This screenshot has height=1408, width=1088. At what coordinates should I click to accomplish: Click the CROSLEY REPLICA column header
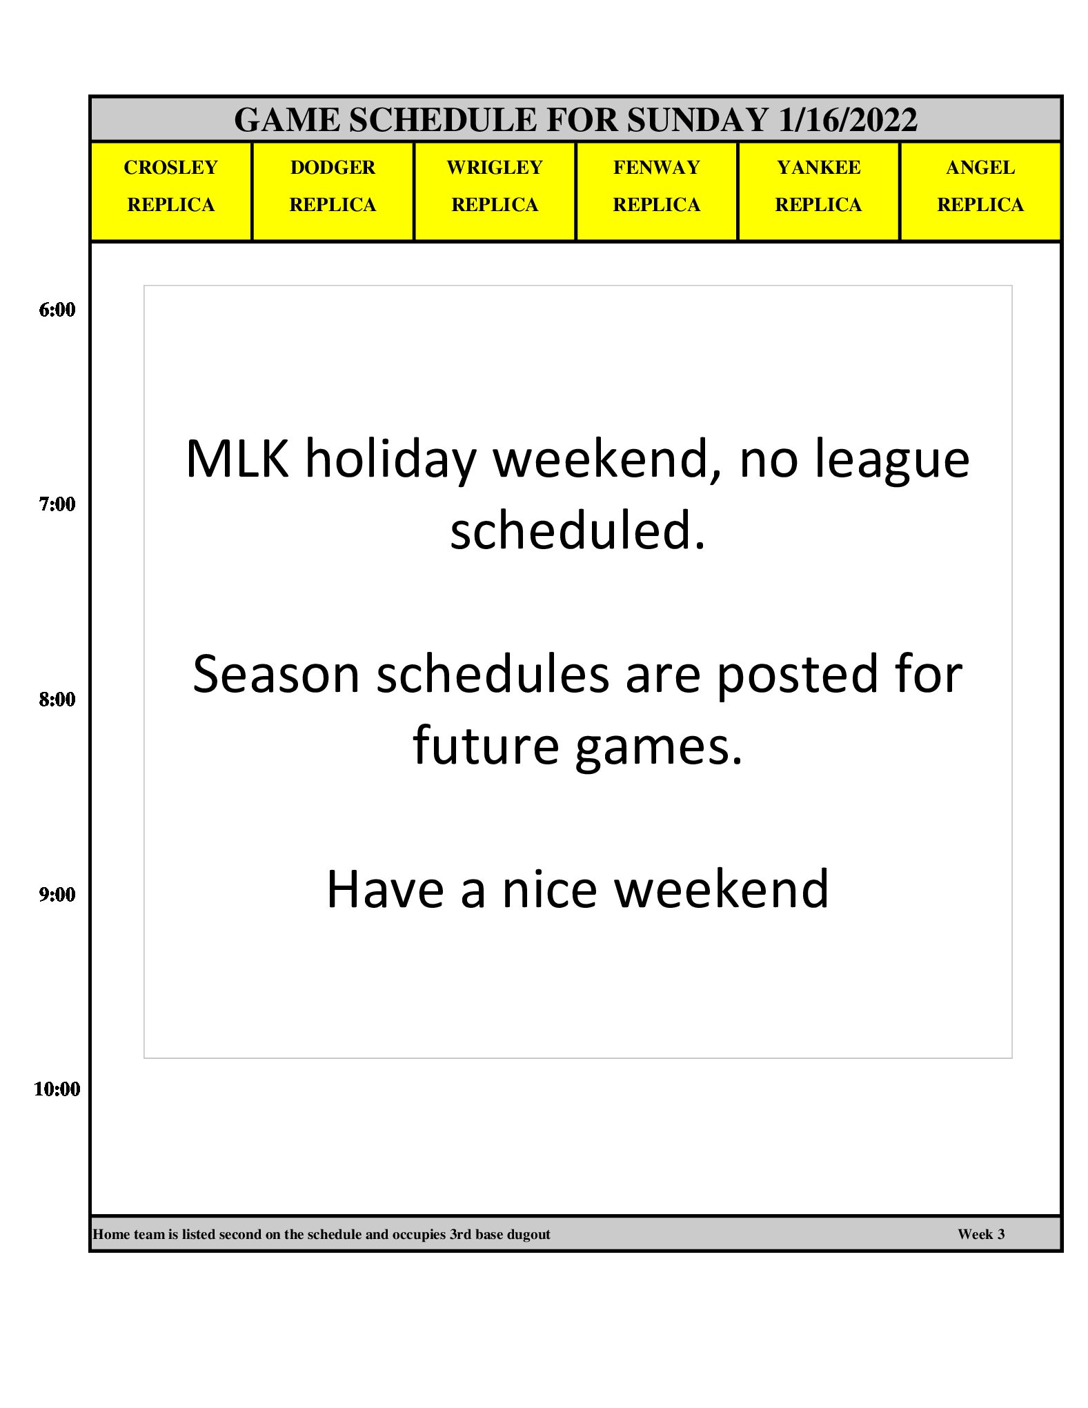point(171,192)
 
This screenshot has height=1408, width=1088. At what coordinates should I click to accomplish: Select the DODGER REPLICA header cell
point(333,192)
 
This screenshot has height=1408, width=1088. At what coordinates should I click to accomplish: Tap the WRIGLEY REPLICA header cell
point(495,192)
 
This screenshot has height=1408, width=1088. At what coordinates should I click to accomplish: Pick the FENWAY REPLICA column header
point(657,192)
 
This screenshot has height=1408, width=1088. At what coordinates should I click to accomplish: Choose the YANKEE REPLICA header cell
point(819,192)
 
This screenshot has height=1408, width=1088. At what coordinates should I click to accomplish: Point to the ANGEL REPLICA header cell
point(980,192)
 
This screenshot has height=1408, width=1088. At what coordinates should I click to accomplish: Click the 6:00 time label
point(57,310)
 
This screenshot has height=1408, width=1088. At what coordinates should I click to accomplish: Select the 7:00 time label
point(57,504)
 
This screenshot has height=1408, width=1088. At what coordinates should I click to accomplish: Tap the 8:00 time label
point(57,700)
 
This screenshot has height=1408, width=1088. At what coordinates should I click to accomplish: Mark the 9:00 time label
point(57,895)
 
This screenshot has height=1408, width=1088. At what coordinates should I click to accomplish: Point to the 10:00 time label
point(57,1089)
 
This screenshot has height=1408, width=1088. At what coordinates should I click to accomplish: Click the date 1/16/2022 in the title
point(848,120)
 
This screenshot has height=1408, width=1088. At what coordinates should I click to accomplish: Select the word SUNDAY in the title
point(698,120)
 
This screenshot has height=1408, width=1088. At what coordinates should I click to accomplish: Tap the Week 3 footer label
point(981,1234)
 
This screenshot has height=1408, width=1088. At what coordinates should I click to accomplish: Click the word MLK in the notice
point(237,459)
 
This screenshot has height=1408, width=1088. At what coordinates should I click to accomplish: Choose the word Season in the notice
point(276,674)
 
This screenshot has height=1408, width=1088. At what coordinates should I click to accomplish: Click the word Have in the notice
point(385,889)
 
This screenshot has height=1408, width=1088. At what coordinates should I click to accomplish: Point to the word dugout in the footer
point(528,1235)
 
